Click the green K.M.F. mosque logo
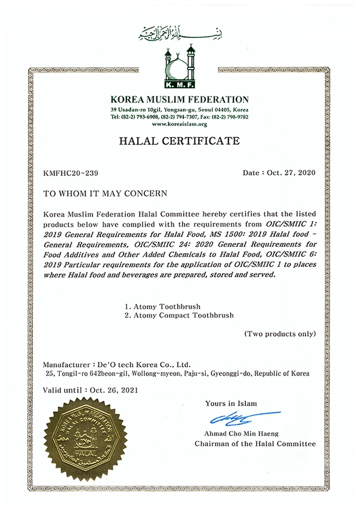click(x=179, y=68)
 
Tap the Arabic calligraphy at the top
click(x=180, y=33)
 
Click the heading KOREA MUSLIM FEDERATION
click(x=180, y=100)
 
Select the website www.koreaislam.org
click(x=179, y=124)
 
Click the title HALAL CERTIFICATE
click(x=179, y=141)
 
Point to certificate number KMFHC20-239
click(x=67, y=173)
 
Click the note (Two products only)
click(x=279, y=334)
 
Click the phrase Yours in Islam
click(x=231, y=403)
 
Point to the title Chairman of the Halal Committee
click(x=255, y=444)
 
